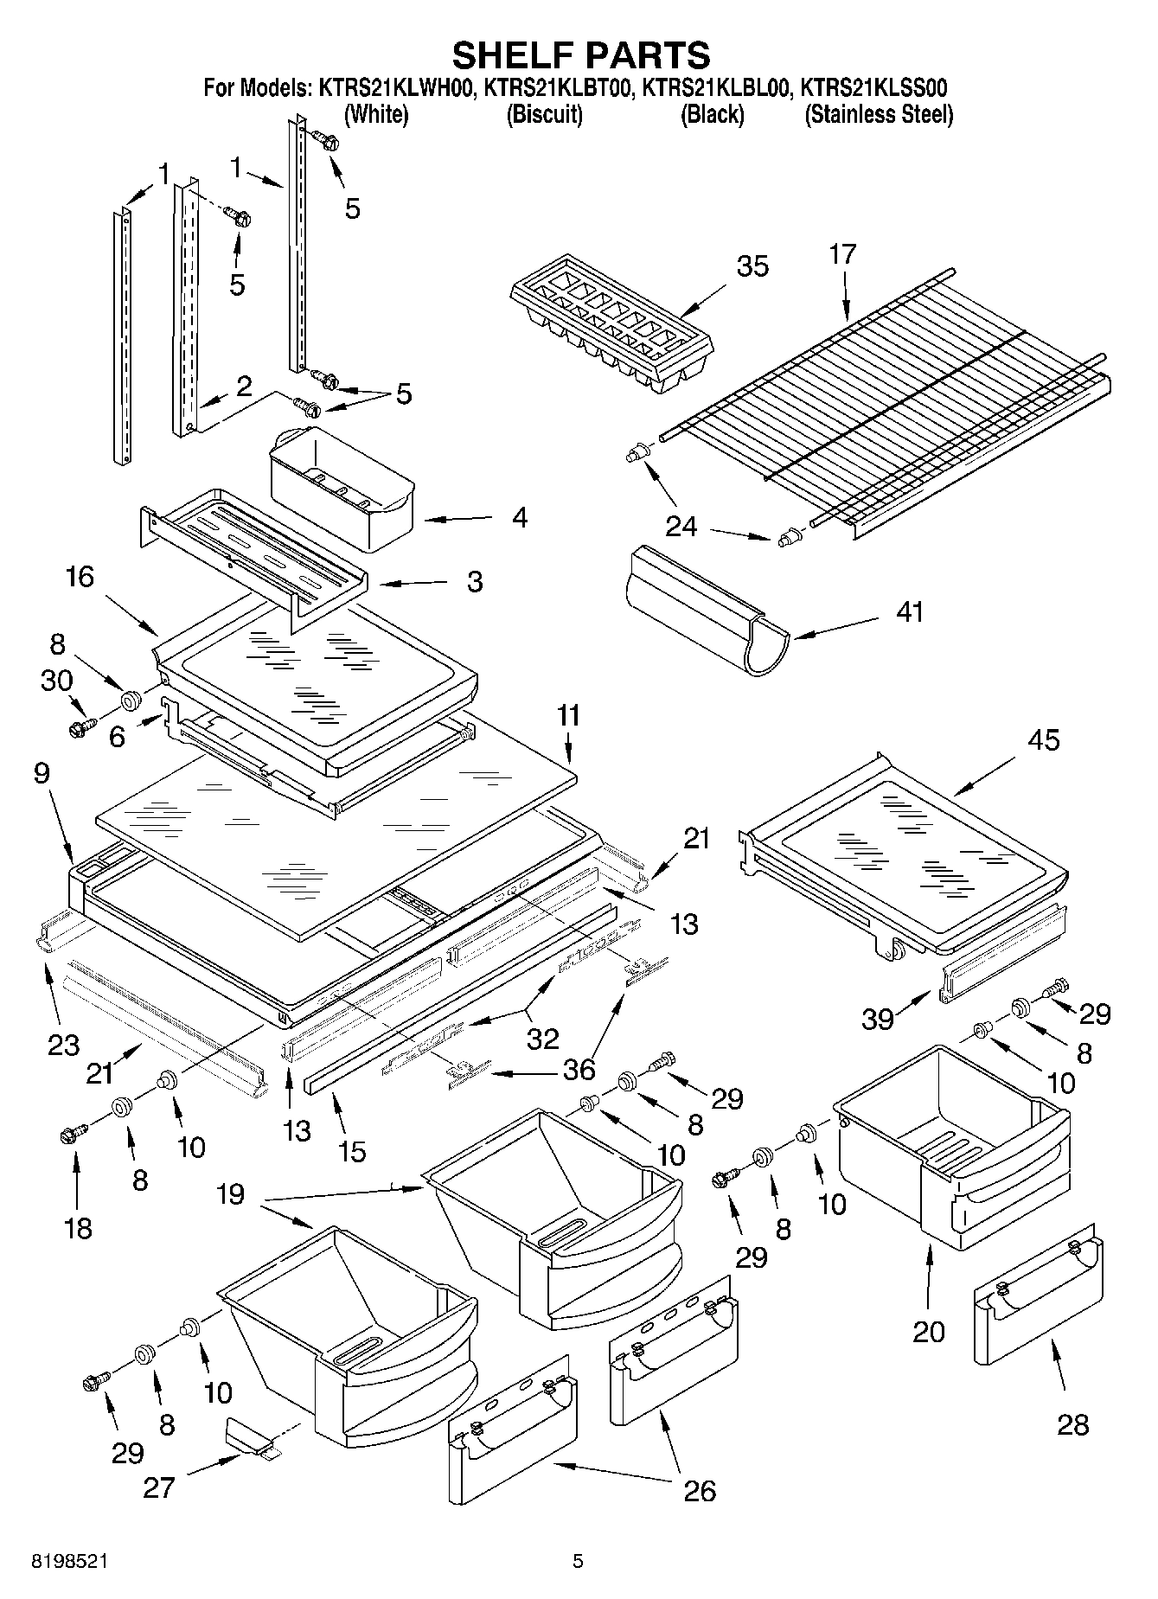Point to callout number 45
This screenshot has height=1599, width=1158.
point(1043,740)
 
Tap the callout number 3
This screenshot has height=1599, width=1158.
point(474,581)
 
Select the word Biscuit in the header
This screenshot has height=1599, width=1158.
point(544,114)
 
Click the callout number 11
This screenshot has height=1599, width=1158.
point(569,716)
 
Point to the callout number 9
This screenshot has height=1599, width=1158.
point(42,772)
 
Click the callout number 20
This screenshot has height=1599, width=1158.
point(929,1331)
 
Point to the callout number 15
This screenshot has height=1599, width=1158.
point(352,1151)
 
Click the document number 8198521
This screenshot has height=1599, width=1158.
point(70,1561)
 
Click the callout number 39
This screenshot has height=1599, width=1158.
point(877,1019)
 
